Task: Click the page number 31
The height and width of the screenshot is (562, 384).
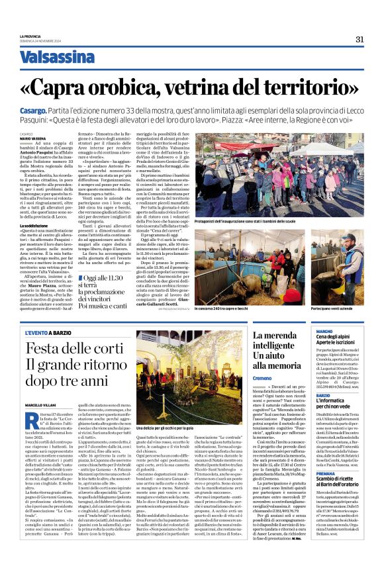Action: pyautogui.click(x=360, y=39)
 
